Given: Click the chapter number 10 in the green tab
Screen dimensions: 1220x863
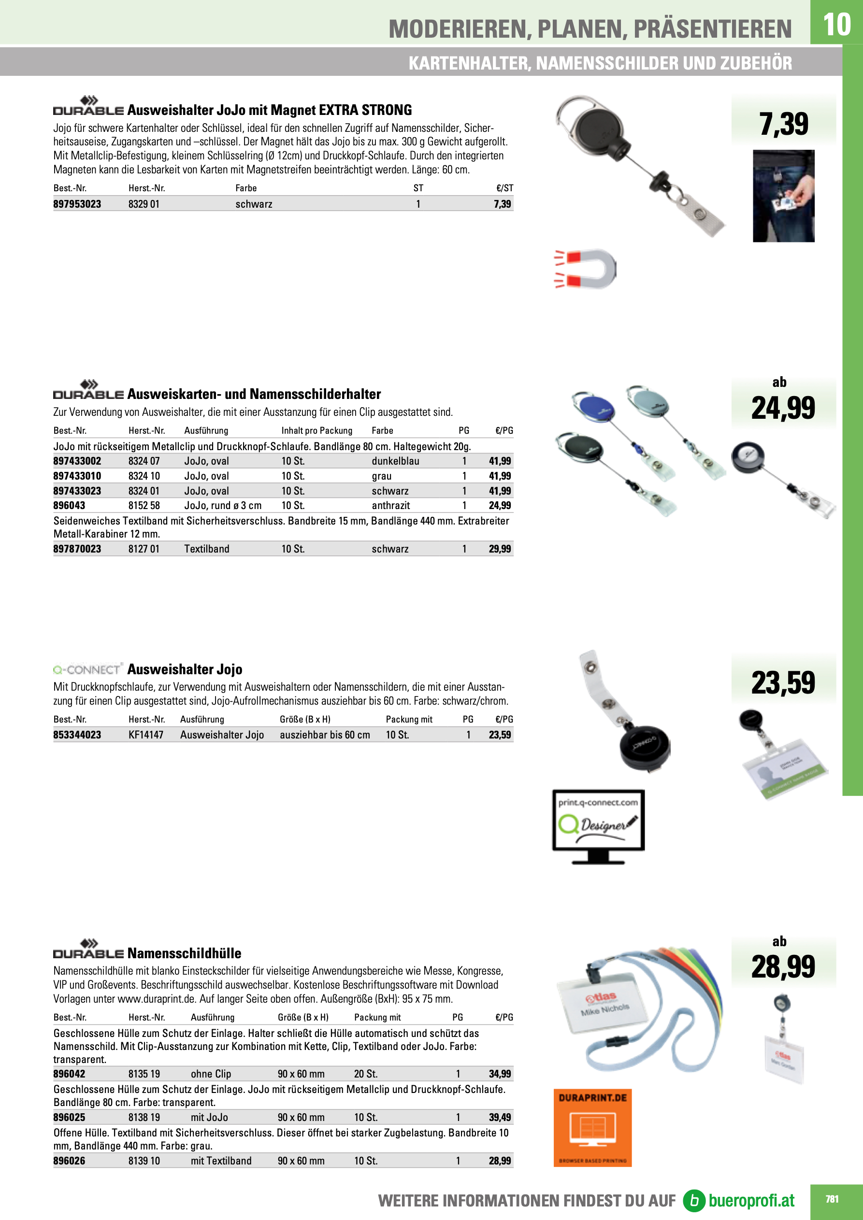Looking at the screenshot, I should pos(836,25).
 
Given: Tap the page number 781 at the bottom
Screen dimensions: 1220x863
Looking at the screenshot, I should pos(832,1199).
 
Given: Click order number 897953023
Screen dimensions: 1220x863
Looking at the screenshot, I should pos(77,204).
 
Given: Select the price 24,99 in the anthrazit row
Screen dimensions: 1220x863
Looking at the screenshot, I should pos(499,505).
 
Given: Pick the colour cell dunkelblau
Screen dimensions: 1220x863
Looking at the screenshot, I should pos(395,461).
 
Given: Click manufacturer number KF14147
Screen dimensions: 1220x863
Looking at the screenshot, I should pos(146,735).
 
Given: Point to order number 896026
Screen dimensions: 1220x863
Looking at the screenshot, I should pos(69,1161).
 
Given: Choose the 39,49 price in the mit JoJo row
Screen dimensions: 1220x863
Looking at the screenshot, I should pos(499,1117).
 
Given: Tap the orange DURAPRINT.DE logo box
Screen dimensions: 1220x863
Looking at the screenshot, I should pos(592,1127).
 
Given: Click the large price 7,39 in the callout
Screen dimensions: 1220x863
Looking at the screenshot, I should pos(783,124).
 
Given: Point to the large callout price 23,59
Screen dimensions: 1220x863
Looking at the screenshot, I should pos(783,683).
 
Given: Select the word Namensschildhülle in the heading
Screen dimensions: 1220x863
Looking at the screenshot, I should pos(184,953).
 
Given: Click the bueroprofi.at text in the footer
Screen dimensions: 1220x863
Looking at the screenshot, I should pos(751,1200).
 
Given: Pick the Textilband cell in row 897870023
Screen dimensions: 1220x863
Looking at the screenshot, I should pos(207,549).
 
